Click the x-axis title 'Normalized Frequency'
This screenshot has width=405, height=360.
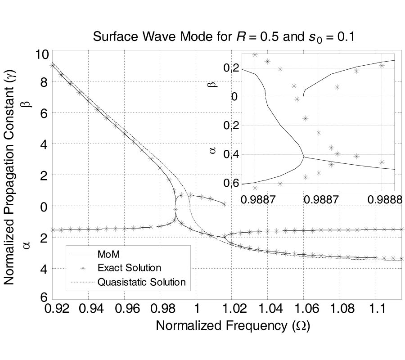[233, 325]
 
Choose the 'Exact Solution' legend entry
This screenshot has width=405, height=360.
[129, 268]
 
